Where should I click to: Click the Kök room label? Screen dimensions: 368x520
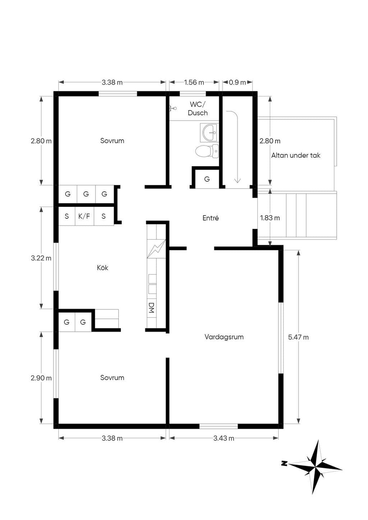click(x=102, y=268)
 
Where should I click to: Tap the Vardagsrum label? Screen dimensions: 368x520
click(x=224, y=337)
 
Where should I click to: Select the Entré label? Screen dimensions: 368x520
click(x=211, y=218)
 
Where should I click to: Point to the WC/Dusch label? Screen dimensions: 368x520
click(x=197, y=109)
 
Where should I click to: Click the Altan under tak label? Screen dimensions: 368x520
click(x=295, y=155)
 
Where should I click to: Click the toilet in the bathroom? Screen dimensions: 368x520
click(x=207, y=151)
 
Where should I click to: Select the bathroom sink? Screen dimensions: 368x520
click(x=209, y=133)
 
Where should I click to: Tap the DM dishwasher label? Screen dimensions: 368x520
click(x=151, y=308)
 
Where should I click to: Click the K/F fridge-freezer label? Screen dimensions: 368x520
click(x=84, y=216)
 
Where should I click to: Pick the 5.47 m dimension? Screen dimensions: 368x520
click(x=298, y=337)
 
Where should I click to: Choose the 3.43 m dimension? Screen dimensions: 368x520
click(x=224, y=438)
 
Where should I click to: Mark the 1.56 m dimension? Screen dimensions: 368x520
click(x=194, y=82)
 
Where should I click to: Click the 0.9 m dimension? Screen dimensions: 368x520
click(x=238, y=82)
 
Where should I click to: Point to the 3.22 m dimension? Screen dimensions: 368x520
click(x=41, y=258)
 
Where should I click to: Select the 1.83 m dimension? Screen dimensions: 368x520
click(x=270, y=218)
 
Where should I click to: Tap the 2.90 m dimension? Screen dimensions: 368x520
click(x=41, y=378)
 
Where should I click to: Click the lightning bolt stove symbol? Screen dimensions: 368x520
click(x=156, y=249)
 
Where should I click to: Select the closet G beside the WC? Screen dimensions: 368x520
click(x=207, y=179)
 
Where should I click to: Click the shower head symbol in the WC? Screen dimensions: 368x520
click(x=173, y=108)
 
